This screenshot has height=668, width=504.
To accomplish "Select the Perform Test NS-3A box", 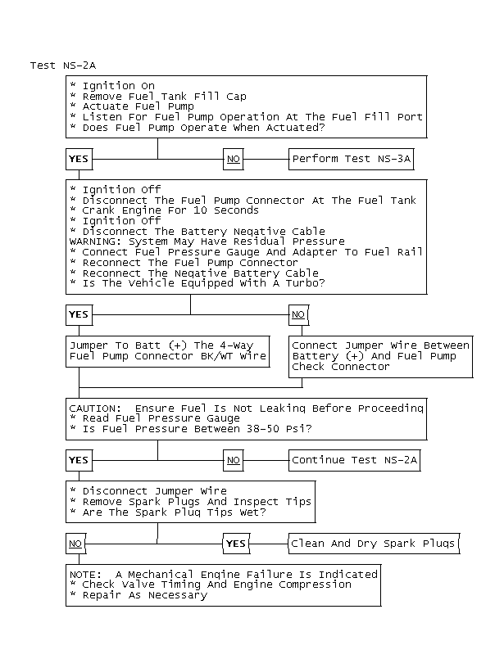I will [350, 159].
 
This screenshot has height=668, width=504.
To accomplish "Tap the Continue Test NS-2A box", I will [354, 460].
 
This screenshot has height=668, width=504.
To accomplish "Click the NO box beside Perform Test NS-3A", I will [234, 159].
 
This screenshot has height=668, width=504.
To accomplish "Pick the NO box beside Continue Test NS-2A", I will [234, 460].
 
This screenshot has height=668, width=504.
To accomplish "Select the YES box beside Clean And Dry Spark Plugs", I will [235, 544].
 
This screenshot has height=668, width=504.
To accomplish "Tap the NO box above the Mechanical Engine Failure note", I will [75, 544].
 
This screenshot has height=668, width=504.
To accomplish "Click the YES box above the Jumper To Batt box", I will [79, 314].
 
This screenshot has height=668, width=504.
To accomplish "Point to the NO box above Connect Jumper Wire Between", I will [297, 314].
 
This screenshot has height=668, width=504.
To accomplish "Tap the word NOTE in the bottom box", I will [84, 575].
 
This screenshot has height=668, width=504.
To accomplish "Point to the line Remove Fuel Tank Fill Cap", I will [164, 96].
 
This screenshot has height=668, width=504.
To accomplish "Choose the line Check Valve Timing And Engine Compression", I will [216, 584].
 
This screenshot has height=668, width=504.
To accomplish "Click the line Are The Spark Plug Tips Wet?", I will [174, 512].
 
